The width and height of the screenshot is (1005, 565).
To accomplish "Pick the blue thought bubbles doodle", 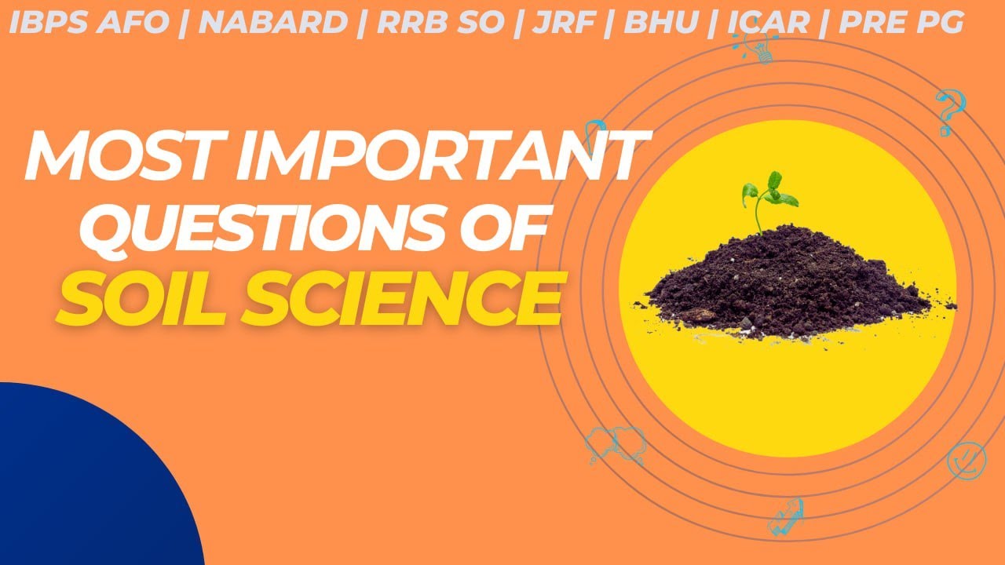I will (616, 444).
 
